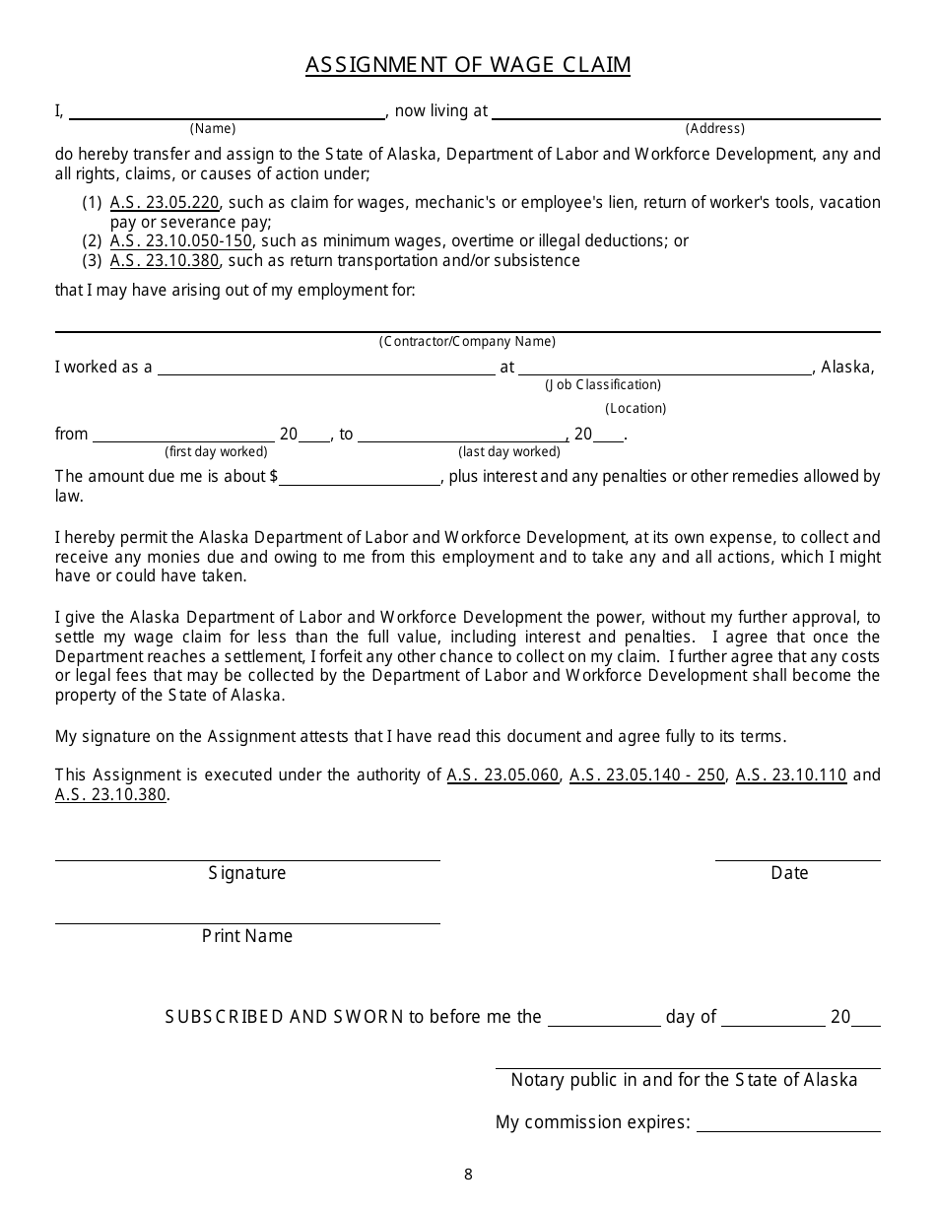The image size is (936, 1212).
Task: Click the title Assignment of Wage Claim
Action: (468, 65)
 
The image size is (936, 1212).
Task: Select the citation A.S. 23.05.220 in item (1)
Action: (164, 203)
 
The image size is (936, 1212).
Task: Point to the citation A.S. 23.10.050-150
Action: (181, 241)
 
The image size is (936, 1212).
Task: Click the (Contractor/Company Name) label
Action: (467, 342)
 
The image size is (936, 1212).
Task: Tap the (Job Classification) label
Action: (603, 385)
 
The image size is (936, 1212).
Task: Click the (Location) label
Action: (635, 408)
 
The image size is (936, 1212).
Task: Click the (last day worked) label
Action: (509, 452)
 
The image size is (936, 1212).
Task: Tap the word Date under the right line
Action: (789, 873)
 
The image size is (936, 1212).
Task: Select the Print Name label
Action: (247, 936)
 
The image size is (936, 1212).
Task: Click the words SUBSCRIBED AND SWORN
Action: (285, 1017)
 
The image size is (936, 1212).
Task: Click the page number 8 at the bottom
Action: (468, 1174)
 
